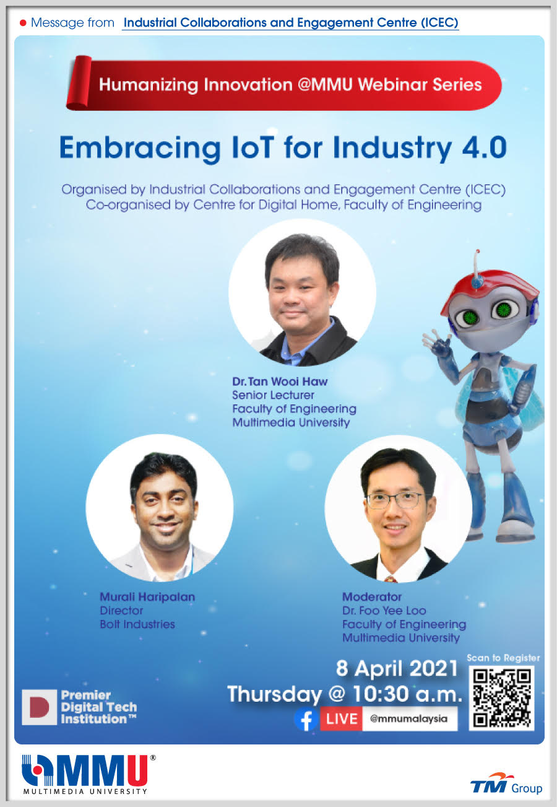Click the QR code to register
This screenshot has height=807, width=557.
501,698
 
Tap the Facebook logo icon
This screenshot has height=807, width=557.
306,719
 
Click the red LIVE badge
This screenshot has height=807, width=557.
341,718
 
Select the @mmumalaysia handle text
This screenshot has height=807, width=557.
408,718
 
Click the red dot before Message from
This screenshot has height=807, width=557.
23,23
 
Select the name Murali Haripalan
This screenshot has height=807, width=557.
147,596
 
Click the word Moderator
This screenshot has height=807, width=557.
371,596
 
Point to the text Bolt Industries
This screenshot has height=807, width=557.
137,624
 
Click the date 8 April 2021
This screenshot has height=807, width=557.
397,668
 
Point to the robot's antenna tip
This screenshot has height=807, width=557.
477,251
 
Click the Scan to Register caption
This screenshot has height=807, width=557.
503,658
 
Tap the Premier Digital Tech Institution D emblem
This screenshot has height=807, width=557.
39,707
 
